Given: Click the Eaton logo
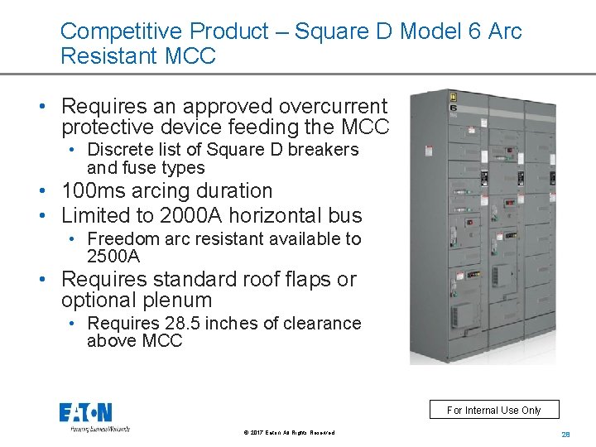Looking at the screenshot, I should click(85, 413).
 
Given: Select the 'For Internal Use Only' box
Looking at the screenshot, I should click(493, 410).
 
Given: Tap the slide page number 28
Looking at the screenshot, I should click(566, 434).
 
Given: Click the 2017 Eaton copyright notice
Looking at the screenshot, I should click(289, 433).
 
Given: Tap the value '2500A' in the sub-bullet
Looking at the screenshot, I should click(113, 257).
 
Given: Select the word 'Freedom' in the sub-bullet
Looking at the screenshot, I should click(123, 239).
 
